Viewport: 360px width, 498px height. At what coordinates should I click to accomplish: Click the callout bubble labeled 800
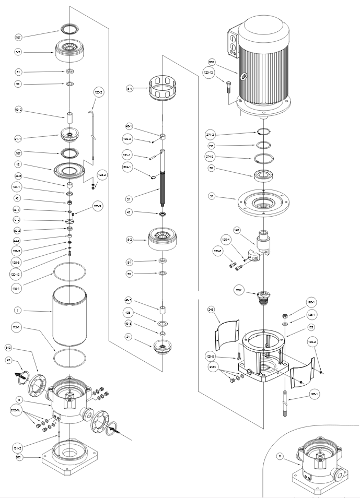(x=212, y=62)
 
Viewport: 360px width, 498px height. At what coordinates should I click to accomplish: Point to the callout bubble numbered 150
(x=212, y=146)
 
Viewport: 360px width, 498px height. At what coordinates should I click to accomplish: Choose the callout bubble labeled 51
(x=212, y=197)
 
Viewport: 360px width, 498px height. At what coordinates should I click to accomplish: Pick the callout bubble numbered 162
(x=311, y=327)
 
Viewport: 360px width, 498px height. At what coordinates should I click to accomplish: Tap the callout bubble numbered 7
(x=18, y=311)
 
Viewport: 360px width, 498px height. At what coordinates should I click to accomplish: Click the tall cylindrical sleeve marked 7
(x=69, y=313)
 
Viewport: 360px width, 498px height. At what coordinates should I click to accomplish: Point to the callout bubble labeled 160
(x=18, y=457)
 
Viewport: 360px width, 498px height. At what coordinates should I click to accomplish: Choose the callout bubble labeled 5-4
(x=129, y=89)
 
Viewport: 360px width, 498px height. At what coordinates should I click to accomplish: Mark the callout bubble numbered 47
(x=129, y=212)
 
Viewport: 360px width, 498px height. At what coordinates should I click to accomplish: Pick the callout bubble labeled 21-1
(x=18, y=138)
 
